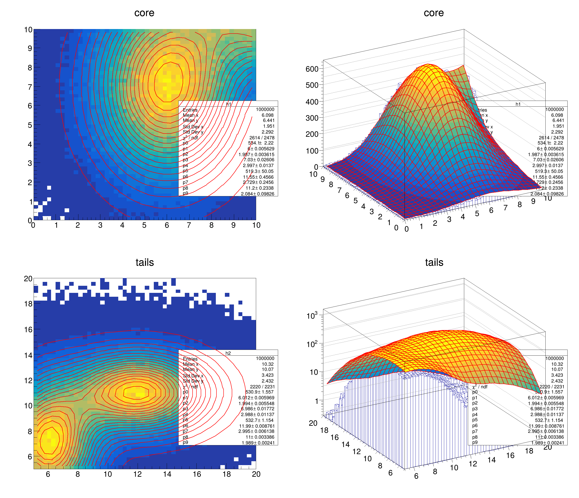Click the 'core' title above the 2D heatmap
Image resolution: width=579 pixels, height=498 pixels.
pos(144,13)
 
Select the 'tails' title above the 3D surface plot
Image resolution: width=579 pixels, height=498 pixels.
pos(434,262)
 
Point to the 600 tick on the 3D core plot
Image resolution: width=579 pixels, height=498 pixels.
pos(312,69)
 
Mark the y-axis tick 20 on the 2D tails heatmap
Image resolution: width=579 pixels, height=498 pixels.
pos(28,278)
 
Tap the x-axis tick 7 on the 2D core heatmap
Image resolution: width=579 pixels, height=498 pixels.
pos(189,225)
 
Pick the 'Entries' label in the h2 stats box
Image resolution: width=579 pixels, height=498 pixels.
pos(190,359)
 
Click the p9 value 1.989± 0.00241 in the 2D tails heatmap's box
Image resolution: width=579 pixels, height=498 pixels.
pos(258,443)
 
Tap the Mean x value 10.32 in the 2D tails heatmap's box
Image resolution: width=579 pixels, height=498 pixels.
pos(268,364)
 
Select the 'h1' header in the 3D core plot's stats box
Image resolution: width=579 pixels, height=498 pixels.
pos(518,104)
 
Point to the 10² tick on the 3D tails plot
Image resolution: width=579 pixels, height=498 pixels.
pos(312,344)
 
